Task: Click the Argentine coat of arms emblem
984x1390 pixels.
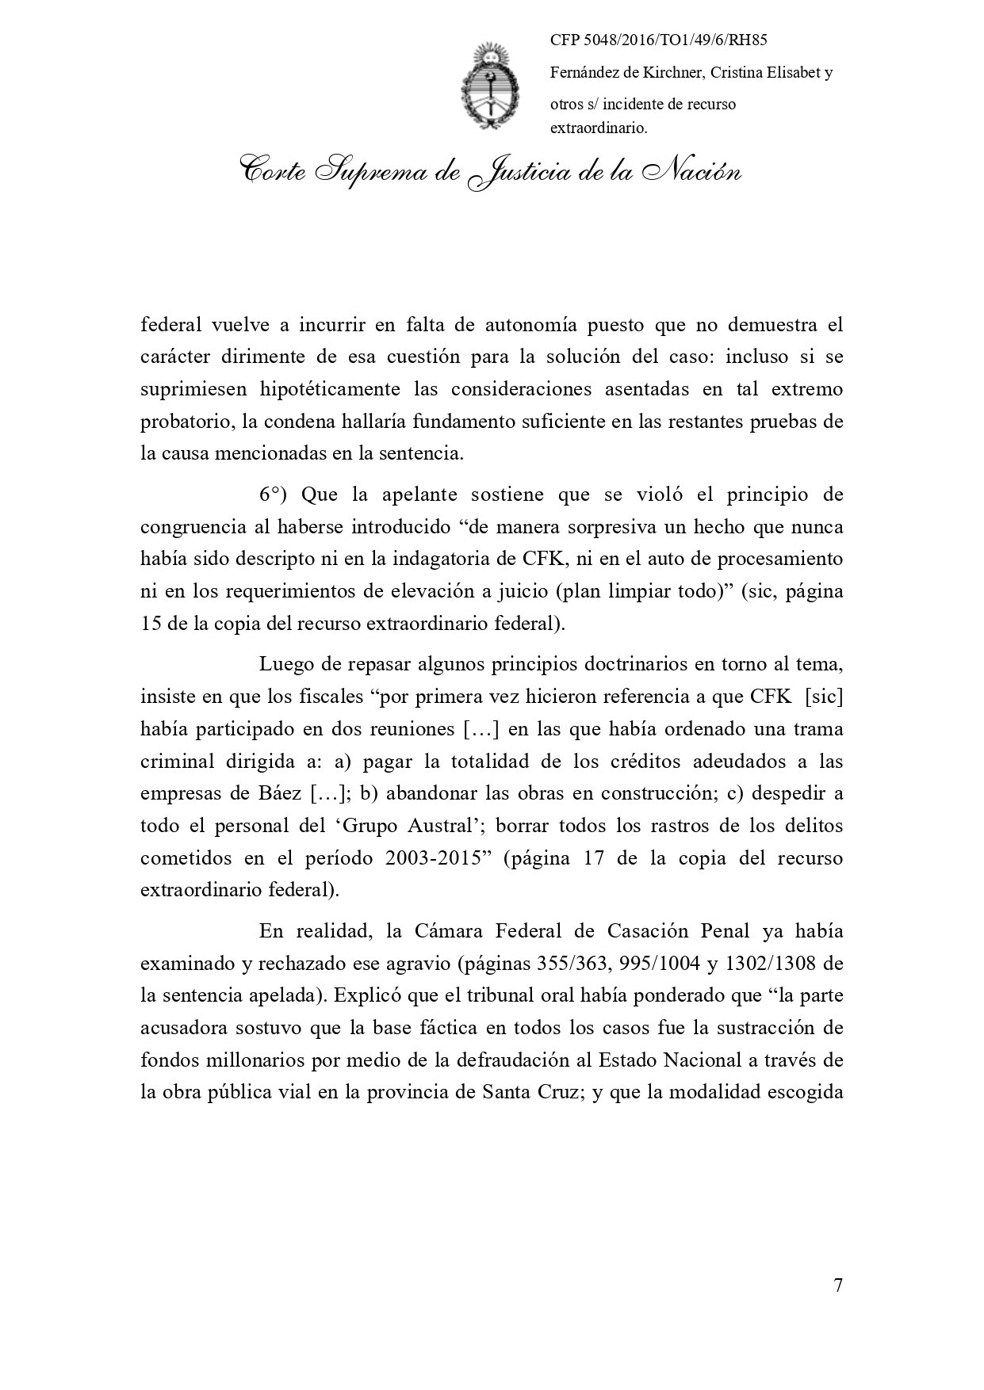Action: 491,87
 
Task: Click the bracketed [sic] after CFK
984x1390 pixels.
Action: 823,697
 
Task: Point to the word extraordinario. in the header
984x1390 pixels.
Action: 599,128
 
